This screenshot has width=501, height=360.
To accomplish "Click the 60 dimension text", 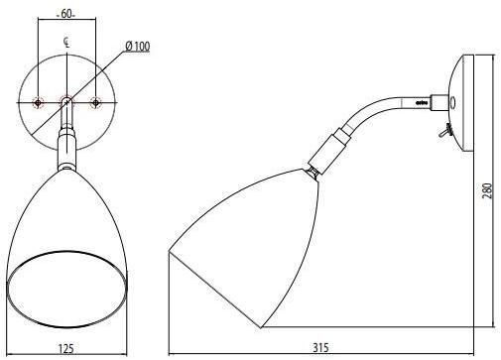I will (x=66, y=14).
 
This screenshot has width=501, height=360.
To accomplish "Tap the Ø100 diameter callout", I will (x=138, y=46).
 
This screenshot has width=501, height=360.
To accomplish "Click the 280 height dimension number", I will (x=485, y=191).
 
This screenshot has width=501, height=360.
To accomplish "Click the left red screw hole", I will (x=38, y=102).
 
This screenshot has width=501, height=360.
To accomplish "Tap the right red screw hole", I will (x=95, y=102).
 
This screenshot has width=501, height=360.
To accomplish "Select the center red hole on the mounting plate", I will (x=65, y=102).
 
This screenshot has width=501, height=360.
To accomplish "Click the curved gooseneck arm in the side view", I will (x=377, y=109).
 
